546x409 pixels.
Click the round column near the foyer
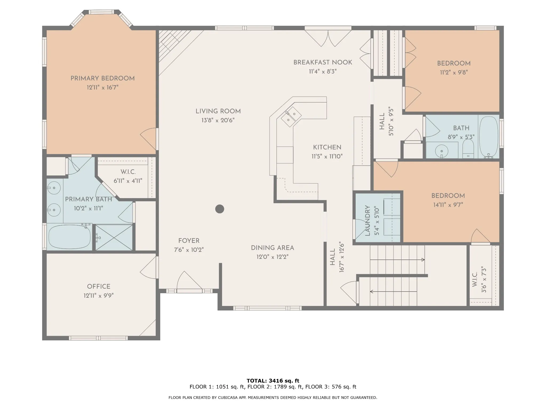point(219,209)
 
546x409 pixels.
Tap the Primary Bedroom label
point(103,78)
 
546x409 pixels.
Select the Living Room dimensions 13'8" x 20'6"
point(218,120)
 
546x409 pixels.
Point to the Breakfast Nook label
point(323,62)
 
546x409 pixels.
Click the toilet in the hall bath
point(468,149)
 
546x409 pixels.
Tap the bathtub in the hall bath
point(488,137)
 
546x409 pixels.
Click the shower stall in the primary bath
point(114,238)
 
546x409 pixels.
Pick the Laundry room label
point(367,220)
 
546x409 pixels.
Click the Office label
point(99,287)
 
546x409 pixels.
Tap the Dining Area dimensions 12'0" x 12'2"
point(272,257)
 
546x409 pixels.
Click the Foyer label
point(189,241)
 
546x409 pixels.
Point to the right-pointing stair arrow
point(397,260)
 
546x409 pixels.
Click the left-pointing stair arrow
point(394,292)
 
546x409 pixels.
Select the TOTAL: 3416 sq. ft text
point(273,381)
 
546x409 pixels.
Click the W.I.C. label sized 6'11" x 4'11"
point(128,172)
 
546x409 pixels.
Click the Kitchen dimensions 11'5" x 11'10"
point(327,156)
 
